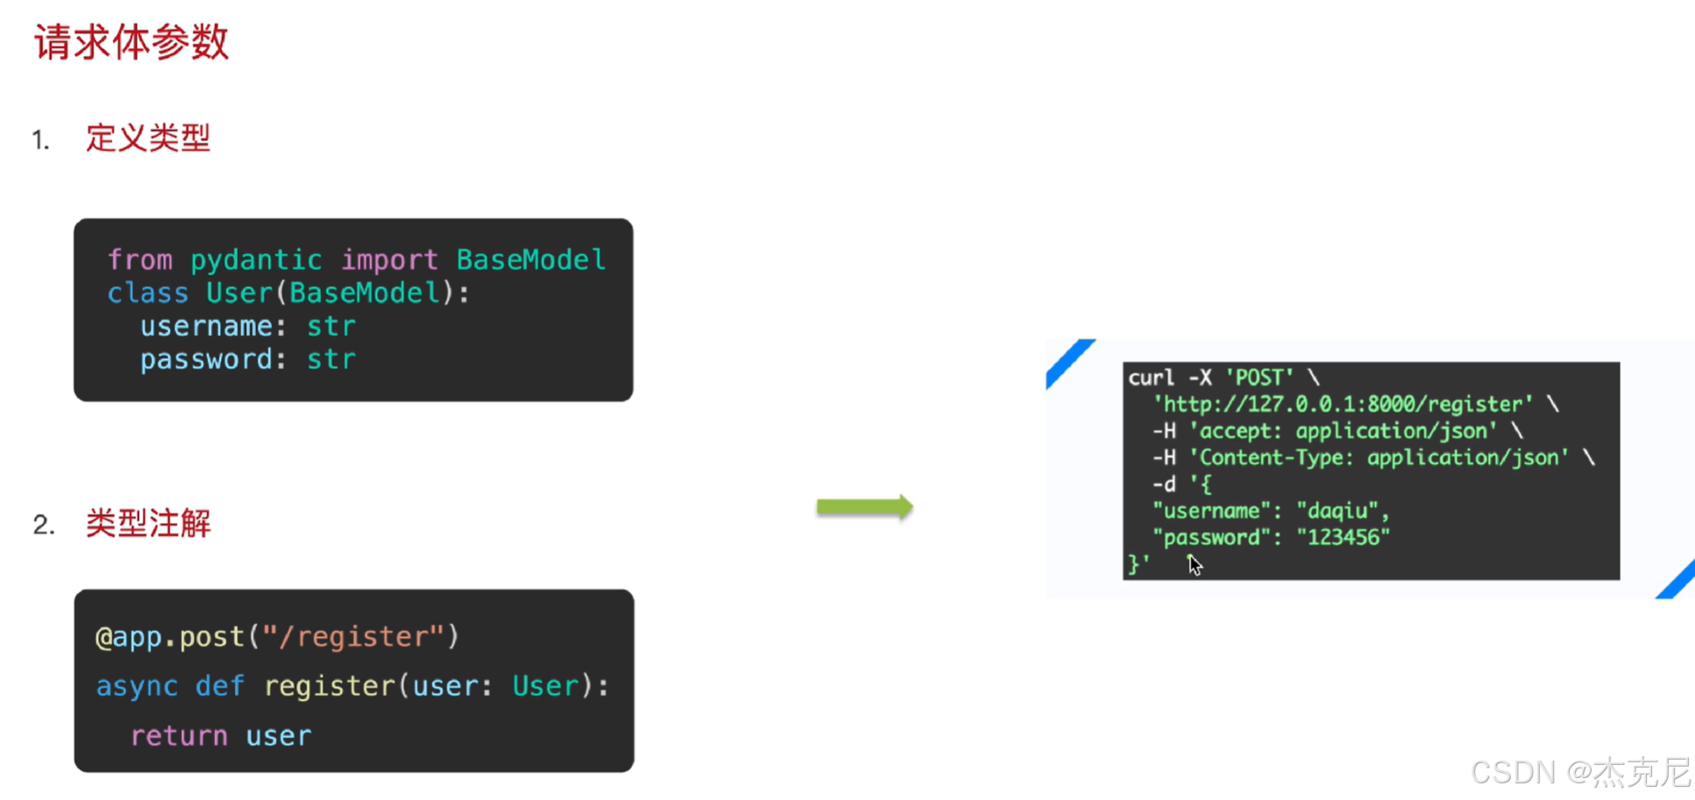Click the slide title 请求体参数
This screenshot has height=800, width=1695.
[132, 42]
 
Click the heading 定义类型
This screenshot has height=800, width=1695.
[148, 138]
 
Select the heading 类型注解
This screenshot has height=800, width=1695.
[148, 523]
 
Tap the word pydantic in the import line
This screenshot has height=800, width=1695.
[256, 261]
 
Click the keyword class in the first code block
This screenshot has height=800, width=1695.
[147, 293]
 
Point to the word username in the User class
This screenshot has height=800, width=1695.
[206, 326]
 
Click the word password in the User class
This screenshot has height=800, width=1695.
[206, 361]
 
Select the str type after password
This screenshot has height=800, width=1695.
[331, 360]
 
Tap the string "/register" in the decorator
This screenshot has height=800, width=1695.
[355, 637]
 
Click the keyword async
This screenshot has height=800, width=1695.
[137, 686]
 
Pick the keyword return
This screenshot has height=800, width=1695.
[179, 736]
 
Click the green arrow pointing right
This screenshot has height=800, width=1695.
[865, 506]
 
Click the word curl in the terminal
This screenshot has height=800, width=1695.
[1150, 377]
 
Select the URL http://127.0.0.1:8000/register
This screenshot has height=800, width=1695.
[1342, 404]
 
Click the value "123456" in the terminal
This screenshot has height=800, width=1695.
[1343, 537]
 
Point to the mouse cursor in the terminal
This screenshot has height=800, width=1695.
[1194, 565]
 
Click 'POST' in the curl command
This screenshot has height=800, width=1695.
[1259, 377]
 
